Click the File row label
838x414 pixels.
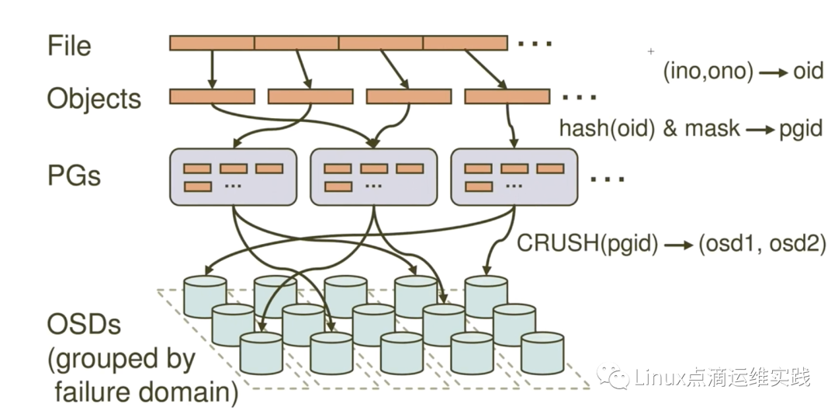(68, 45)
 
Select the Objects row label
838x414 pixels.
(94, 99)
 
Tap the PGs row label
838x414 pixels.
(74, 175)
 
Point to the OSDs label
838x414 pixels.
(84, 324)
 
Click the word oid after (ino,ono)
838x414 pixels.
(807, 71)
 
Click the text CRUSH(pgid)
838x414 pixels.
(587, 244)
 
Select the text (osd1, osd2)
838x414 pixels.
(762, 244)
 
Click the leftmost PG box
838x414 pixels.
(233, 177)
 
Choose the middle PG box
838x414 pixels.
(373, 177)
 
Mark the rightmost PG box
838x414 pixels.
(514, 177)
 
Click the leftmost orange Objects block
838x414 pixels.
(212, 96)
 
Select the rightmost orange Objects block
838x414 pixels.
(507, 96)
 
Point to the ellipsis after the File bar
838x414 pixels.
(534, 43)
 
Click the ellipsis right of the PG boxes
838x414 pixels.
(608, 179)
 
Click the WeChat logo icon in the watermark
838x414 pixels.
(615, 377)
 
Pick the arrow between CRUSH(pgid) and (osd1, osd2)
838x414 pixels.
(678, 245)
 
